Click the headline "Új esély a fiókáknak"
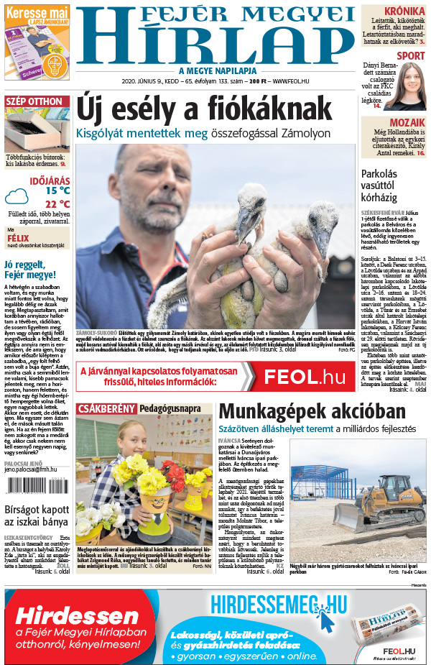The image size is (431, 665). pos(205,109)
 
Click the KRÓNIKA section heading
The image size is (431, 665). pos(404,11)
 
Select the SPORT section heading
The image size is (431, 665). pos(410,55)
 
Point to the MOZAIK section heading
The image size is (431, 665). pos(408,123)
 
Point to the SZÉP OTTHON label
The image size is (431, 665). pos(34,101)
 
